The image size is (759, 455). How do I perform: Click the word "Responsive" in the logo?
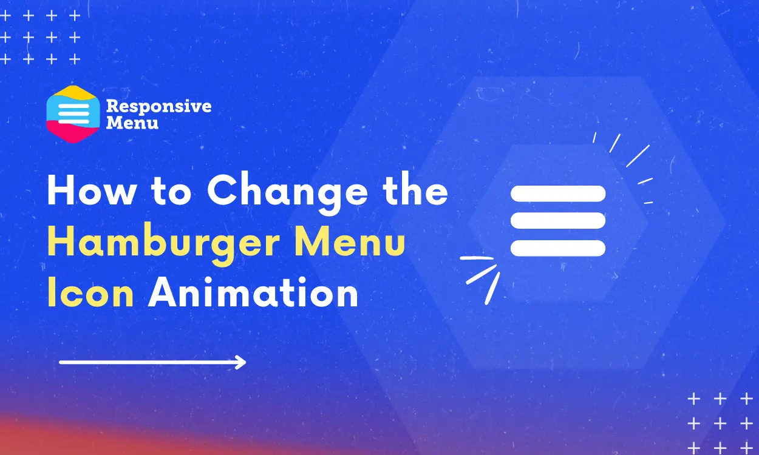click(158, 107)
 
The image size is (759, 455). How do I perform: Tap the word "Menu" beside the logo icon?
click(132, 123)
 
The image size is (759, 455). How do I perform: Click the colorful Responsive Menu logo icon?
click(72, 114)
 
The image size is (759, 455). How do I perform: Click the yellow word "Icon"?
click(90, 294)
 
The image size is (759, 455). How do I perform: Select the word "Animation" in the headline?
click(253, 294)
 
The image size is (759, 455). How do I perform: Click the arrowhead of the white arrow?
click(242, 363)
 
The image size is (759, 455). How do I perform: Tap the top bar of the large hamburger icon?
click(558, 194)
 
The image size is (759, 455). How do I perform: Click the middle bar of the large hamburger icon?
click(558, 221)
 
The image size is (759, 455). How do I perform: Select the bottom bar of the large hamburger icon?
click(558, 248)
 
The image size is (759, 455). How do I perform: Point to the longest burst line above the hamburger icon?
click(638, 156)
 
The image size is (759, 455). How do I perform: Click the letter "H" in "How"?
click(61, 192)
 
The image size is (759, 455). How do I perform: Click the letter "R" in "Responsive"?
click(112, 107)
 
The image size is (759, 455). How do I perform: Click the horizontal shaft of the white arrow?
click(146, 363)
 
